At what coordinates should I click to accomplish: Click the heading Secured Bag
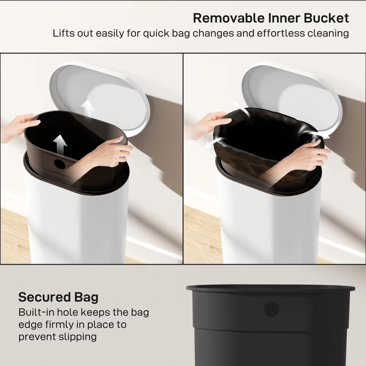58,297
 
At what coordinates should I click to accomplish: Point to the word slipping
75,337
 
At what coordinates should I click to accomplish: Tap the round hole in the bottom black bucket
271,309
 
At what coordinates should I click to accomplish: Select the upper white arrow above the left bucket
88,110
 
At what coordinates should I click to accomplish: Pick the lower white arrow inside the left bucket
59,144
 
